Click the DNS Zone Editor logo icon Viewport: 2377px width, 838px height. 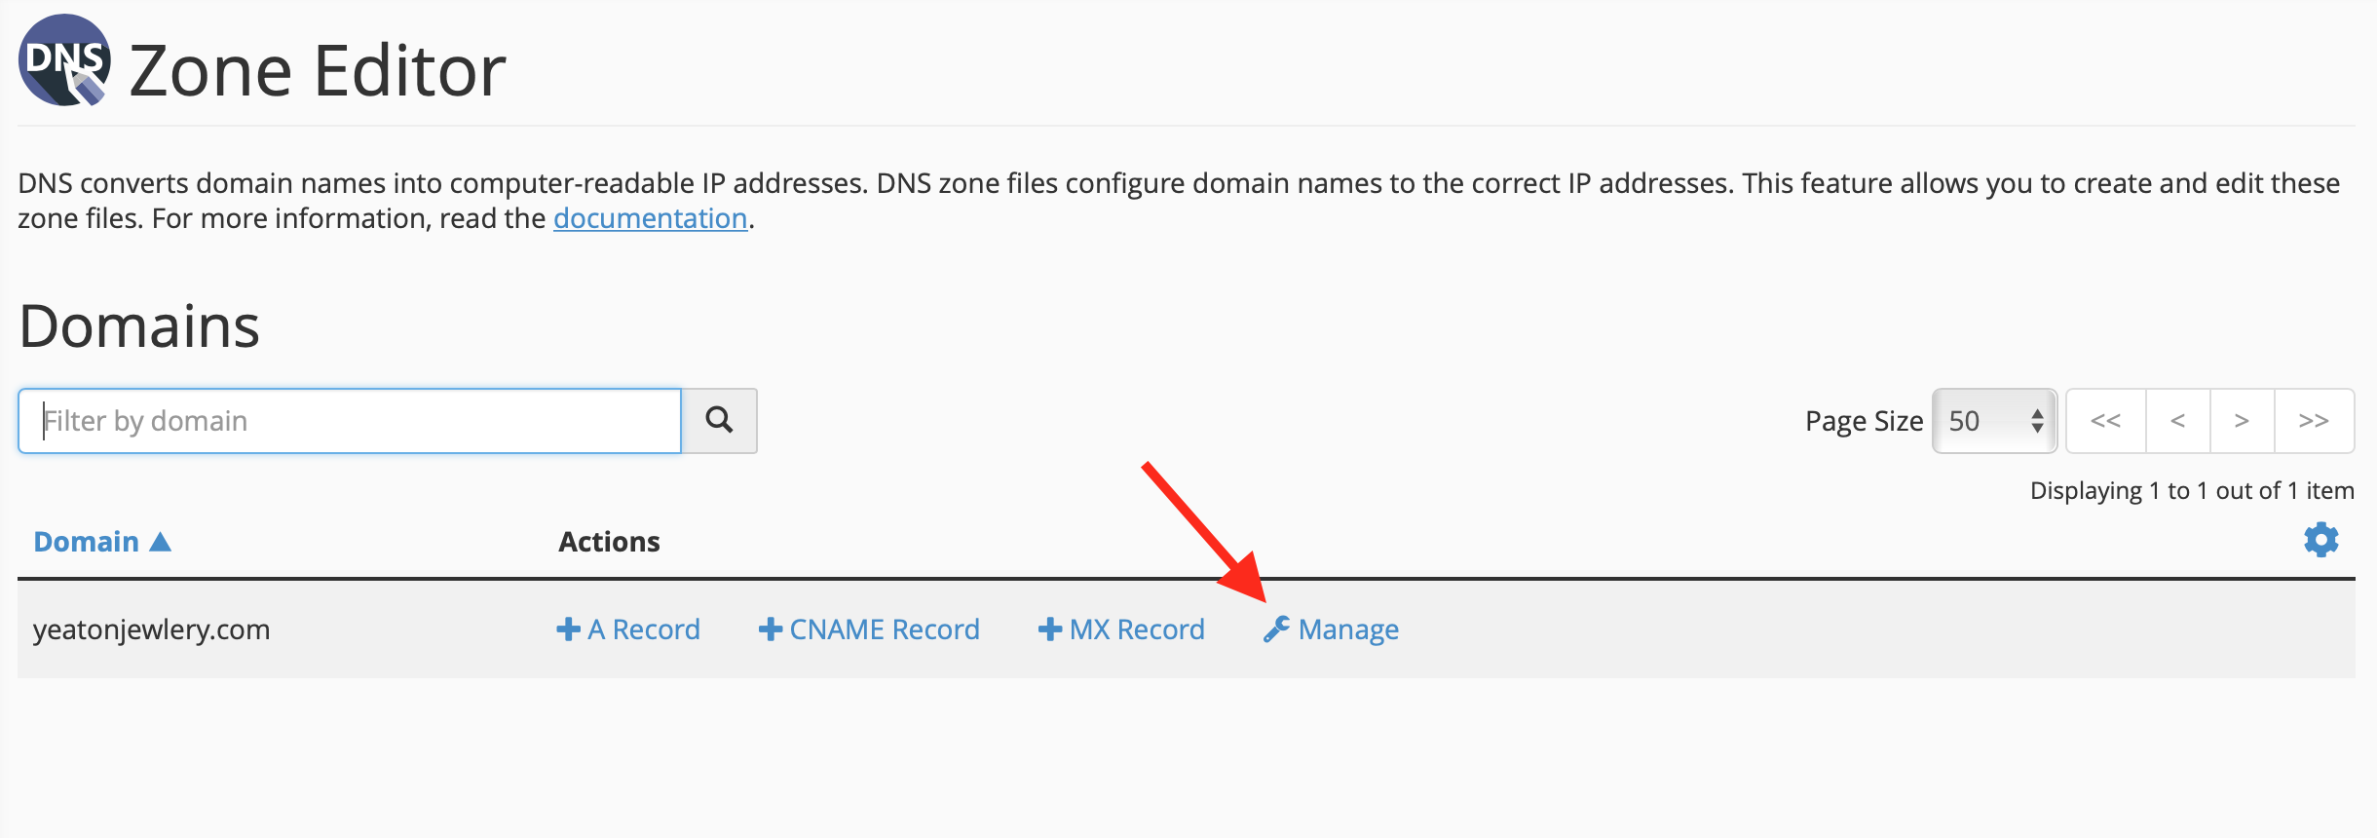(x=64, y=60)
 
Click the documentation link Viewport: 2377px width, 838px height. (x=650, y=218)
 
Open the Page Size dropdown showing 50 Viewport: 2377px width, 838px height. (x=1994, y=421)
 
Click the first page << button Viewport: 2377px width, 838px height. (x=2105, y=421)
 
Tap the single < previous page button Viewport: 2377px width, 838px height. (x=2177, y=421)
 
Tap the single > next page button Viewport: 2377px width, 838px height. (x=2242, y=421)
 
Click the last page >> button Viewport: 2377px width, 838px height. (x=2314, y=421)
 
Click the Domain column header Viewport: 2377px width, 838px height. (x=86, y=542)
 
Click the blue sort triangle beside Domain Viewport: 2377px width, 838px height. (x=161, y=542)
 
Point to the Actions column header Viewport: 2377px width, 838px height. (x=609, y=542)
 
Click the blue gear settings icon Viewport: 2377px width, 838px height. (x=2320, y=539)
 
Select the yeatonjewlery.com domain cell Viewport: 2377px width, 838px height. (x=151, y=629)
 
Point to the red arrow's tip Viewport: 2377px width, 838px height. (x=1264, y=599)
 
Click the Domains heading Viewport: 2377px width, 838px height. (x=139, y=325)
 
